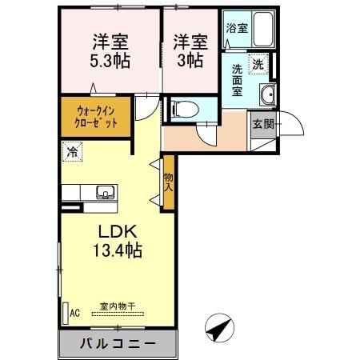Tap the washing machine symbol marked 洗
click(259, 62)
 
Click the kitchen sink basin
click(105, 191)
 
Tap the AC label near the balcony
click(75, 313)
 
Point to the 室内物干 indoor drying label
click(118, 305)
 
